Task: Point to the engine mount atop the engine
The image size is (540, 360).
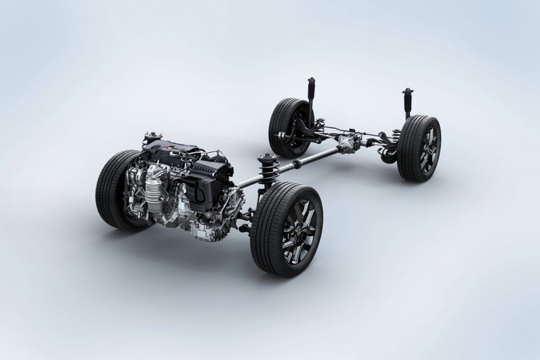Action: [x=151, y=136]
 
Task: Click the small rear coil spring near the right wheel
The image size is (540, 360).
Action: [x=397, y=134]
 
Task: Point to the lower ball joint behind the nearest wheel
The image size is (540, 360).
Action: [x=248, y=217]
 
